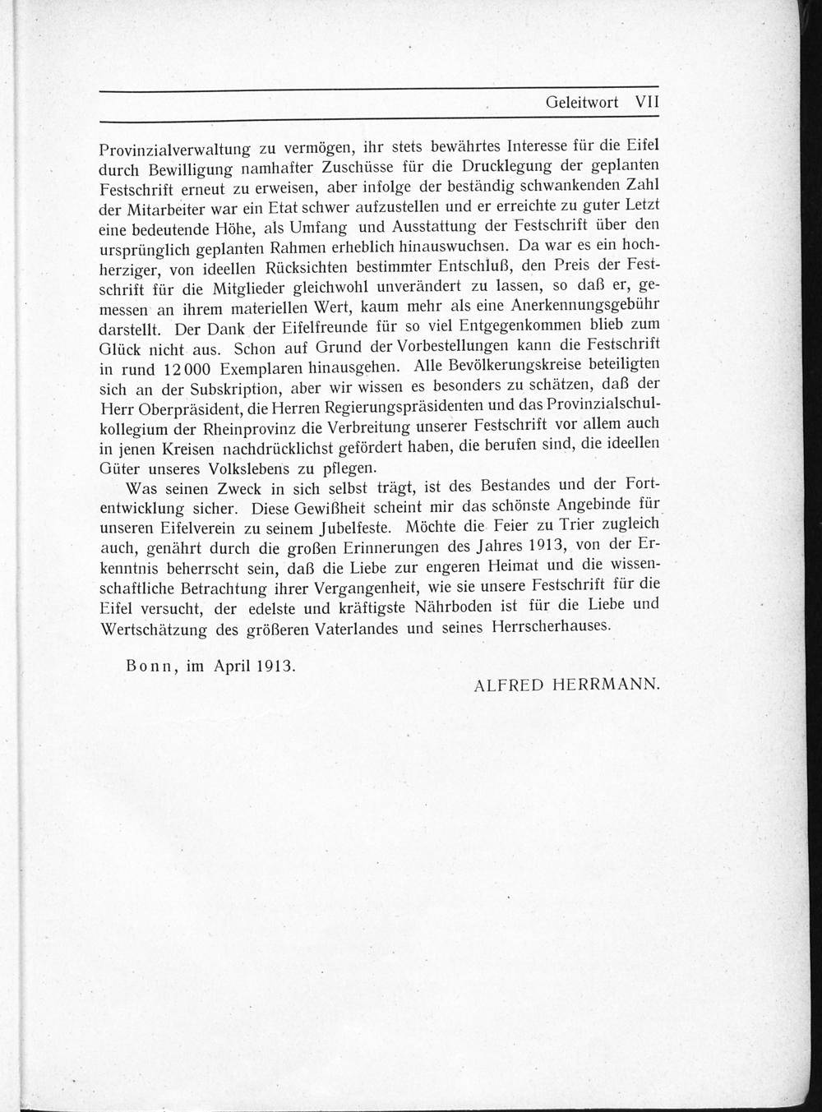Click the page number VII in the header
(648, 103)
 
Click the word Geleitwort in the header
(582, 103)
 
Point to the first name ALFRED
(509, 685)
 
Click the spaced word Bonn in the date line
(149, 667)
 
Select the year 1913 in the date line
(275, 667)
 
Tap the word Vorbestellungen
(471, 344)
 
